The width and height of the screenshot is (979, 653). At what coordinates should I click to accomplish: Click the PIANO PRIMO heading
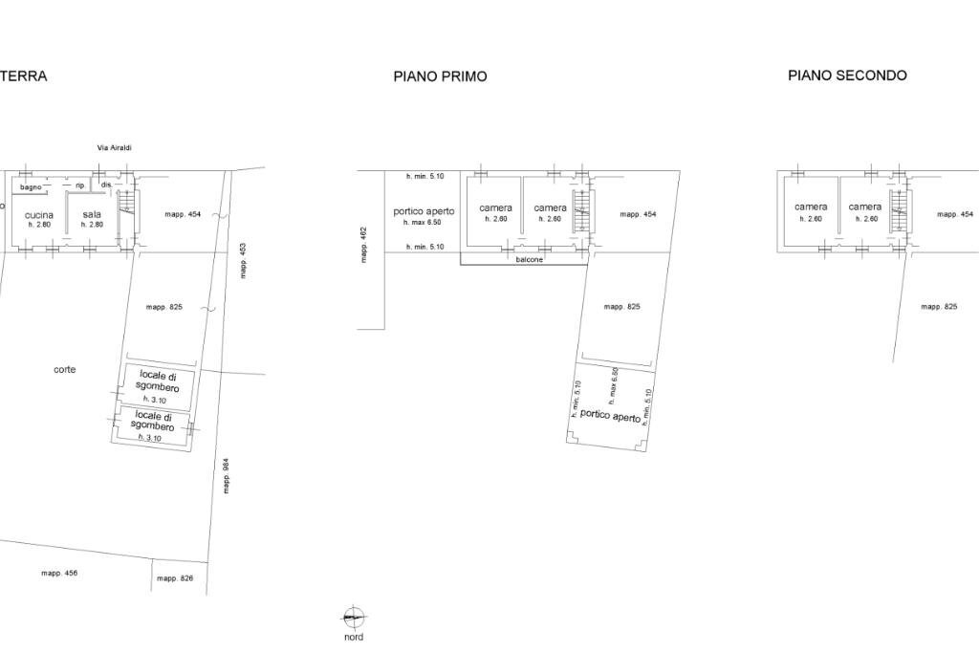pos(440,76)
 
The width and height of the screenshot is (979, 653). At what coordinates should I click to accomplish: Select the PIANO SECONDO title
pos(847,76)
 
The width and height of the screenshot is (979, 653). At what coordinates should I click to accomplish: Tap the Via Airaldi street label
pos(114,148)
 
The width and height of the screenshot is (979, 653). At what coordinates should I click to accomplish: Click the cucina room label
pos(39,215)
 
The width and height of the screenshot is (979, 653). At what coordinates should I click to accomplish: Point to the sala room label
pos(92,215)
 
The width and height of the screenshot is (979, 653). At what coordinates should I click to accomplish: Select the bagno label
pos(31,186)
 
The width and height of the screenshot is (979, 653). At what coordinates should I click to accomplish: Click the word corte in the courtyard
pos(65,369)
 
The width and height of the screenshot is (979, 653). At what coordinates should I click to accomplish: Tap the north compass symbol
pos(354,619)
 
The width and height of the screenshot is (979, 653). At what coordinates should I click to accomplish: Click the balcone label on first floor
pos(530,259)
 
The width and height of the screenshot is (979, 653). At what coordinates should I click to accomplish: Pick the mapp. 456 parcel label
pos(59,573)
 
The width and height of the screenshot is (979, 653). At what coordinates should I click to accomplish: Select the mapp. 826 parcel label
pos(175,578)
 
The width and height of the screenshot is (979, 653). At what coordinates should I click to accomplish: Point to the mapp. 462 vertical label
pos(364,245)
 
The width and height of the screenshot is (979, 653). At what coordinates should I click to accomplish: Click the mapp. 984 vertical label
pos(227,476)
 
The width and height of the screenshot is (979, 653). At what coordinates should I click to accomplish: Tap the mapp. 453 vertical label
pos(243,261)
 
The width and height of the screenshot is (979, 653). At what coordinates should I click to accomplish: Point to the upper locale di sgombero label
pos(158,381)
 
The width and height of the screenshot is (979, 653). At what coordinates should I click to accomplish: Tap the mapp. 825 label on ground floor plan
pos(164,308)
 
